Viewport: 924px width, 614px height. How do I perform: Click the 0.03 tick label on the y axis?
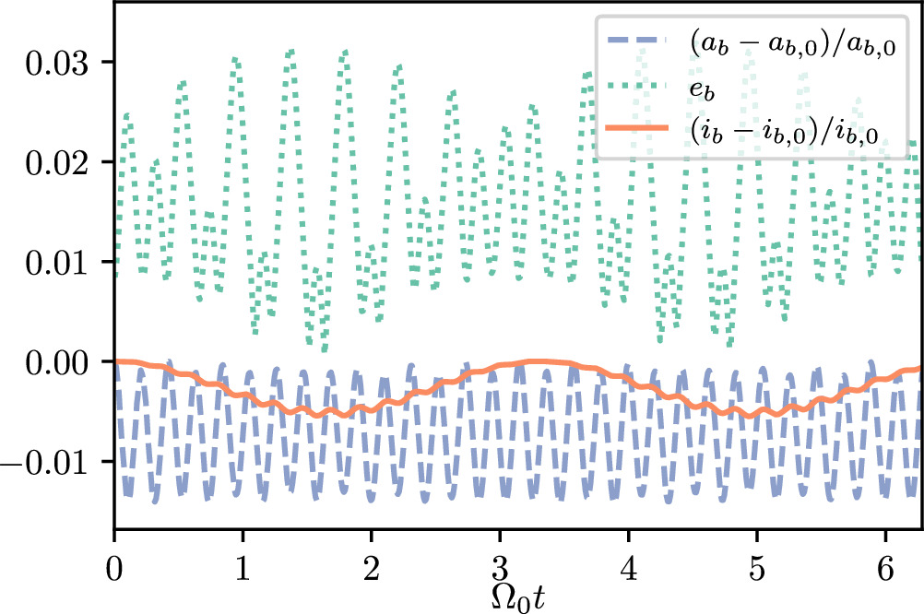point(57,63)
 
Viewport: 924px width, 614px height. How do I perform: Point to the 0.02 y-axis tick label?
point(57,162)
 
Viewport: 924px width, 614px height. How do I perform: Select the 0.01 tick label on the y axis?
point(57,262)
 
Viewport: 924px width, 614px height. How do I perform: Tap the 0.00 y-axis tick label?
point(57,361)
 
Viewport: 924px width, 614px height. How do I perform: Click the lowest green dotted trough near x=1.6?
point(324,348)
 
